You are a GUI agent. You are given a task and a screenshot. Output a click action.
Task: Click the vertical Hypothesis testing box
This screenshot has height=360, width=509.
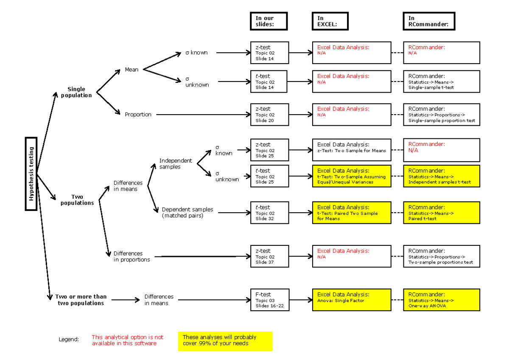tap(31, 174)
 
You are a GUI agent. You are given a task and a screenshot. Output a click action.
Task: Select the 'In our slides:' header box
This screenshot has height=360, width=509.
tap(269, 21)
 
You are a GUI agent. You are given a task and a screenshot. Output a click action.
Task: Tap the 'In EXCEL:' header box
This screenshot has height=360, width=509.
tap(330, 21)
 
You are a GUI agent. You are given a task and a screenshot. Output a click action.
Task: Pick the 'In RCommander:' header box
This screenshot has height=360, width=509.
tap(428, 21)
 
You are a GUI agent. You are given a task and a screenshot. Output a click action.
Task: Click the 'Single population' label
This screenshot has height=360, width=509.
tap(76, 92)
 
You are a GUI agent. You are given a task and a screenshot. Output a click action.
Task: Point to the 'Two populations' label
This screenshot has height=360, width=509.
tap(77, 200)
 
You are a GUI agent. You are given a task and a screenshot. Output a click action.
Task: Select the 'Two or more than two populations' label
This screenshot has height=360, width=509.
tap(81, 300)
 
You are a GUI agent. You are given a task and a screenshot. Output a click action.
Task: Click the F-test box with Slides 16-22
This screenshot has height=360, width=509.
tap(269, 300)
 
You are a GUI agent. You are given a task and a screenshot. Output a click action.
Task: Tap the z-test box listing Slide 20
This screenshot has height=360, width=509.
tap(269, 115)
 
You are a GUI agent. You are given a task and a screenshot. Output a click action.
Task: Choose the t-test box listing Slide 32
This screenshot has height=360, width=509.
tap(269, 213)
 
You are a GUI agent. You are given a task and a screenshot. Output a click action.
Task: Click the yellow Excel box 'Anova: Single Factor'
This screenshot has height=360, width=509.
tap(352, 300)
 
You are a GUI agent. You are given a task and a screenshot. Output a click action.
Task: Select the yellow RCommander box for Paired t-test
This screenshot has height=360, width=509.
tap(442, 213)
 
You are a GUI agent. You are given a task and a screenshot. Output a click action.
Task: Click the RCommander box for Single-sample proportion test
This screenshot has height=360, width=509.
tap(442, 115)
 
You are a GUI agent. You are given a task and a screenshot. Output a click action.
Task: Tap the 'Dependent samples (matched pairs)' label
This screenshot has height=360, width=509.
tap(187, 213)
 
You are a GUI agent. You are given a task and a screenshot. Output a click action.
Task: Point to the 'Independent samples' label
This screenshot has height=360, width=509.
tap(175, 163)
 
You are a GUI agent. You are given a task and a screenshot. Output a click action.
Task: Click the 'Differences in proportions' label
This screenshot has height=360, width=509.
tap(131, 256)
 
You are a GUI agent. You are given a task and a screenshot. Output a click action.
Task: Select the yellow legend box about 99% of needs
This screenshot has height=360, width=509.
tap(225, 341)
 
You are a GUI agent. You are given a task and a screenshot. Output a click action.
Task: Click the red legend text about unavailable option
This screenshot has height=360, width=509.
tap(128, 340)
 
